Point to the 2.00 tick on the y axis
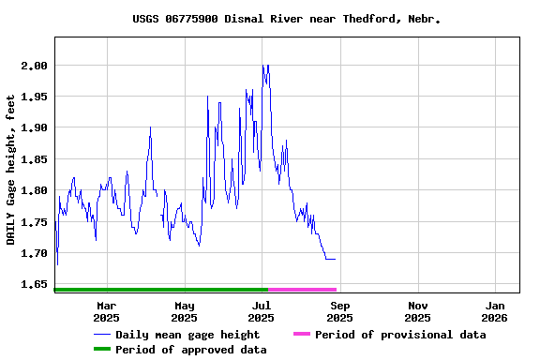point(34,66)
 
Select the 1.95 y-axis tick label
point(34,97)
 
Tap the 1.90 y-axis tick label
point(34,127)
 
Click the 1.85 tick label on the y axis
point(34,159)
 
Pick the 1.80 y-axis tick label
point(34,190)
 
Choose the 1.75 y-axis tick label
point(34,222)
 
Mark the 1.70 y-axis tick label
point(34,253)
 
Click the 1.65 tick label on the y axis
point(34,284)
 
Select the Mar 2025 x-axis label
point(107,311)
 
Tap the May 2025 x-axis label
point(185,311)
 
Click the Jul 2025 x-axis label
point(262,311)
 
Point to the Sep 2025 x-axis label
point(340,311)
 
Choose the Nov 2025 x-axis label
point(418,311)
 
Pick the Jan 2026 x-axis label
point(496,311)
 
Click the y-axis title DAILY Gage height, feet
point(11,170)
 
